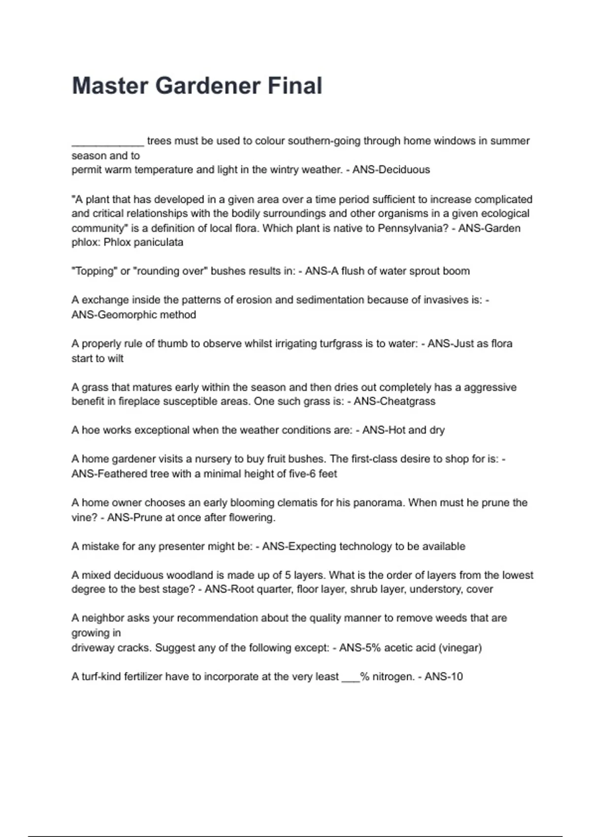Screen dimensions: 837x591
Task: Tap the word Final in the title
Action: coord(295,86)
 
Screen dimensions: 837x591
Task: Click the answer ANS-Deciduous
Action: coord(391,170)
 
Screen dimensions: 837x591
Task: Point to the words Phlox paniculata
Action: coord(143,242)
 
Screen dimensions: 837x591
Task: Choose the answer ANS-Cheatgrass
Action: coord(394,401)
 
